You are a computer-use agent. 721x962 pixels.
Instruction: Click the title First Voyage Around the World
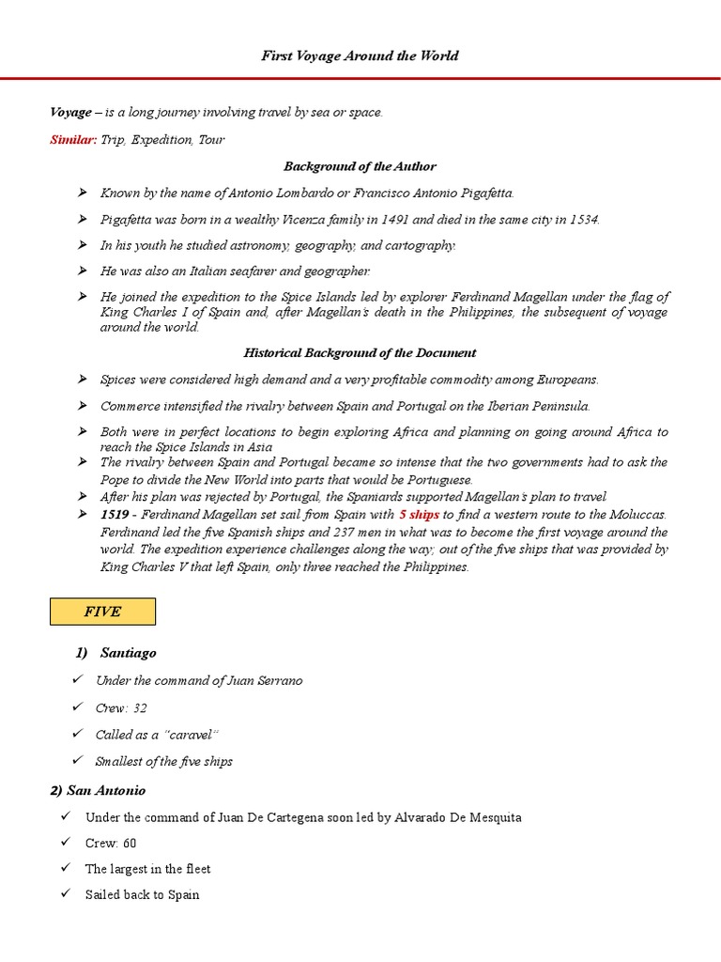(360, 56)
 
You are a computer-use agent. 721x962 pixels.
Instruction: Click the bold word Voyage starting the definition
(70, 113)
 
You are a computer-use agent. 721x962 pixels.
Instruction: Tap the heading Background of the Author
(360, 166)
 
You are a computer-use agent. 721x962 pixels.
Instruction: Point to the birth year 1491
(426, 219)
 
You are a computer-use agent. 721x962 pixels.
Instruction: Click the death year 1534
(582, 219)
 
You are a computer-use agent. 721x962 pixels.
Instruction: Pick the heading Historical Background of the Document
(360, 353)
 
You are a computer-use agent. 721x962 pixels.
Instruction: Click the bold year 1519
(115, 515)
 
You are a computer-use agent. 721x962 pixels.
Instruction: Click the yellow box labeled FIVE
(102, 612)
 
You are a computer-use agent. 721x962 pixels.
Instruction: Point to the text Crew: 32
(121, 707)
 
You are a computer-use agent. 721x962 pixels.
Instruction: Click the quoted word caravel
(192, 735)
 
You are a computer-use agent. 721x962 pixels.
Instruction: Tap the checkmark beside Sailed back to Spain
(66, 894)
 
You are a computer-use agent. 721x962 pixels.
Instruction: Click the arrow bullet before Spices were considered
(83, 380)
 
